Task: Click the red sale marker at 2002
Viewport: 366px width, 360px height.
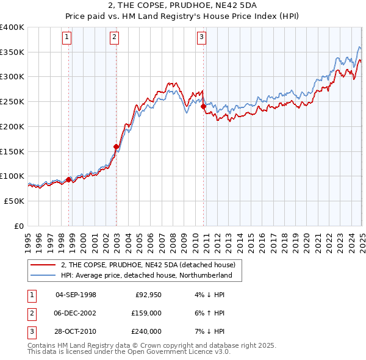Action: (116, 146)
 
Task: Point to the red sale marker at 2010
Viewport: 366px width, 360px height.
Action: (203, 106)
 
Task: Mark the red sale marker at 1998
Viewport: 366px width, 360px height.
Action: (68, 179)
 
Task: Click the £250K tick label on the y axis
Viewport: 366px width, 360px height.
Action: (12, 102)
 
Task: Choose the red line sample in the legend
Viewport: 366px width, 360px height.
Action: (43, 265)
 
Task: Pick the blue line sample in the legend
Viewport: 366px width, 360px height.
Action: (43, 276)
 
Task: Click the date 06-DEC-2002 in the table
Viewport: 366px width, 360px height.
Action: (76, 313)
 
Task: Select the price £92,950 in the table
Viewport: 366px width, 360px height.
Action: (148, 295)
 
